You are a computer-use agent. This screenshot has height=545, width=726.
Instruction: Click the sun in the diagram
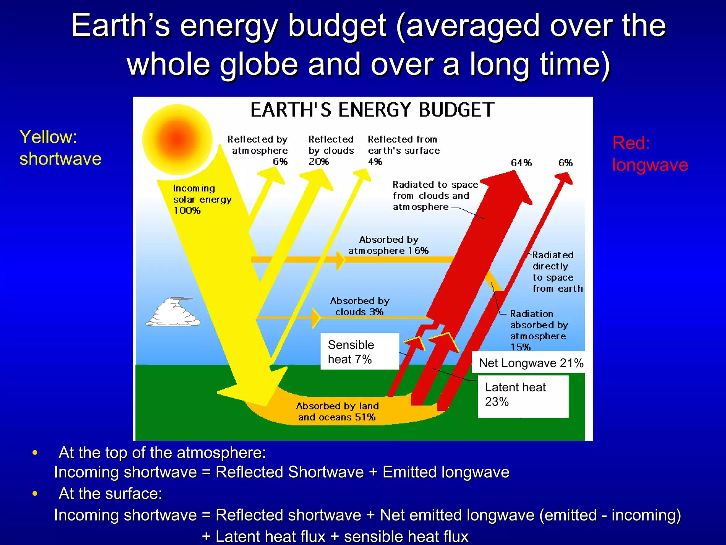click(x=177, y=139)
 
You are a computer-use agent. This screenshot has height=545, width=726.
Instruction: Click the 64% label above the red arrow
click(x=521, y=163)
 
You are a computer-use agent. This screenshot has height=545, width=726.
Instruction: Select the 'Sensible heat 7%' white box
click(x=359, y=352)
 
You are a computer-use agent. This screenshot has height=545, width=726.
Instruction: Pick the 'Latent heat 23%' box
click(x=523, y=396)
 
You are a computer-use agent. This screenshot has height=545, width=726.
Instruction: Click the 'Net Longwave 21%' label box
click(x=531, y=363)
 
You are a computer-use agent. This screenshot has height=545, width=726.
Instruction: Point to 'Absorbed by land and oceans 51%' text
click(x=337, y=412)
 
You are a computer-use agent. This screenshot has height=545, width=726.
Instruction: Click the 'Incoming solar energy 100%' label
click(x=202, y=199)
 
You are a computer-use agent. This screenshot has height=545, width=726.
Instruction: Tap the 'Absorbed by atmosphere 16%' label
click(x=389, y=245)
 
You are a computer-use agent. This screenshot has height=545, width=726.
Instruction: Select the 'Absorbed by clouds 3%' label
click(x=359, y=307)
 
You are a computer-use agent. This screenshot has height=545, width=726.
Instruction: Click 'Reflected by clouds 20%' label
click(x=331, y=150)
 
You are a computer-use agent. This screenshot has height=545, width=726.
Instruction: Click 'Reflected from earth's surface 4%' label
click(x=403, y=150)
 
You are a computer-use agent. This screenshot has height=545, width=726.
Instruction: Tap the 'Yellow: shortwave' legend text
click(x=60, y=148)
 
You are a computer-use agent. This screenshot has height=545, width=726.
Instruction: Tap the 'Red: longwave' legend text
click(x=650, y=154)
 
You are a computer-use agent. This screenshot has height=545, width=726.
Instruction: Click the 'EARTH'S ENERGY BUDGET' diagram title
click(x=372, y=110)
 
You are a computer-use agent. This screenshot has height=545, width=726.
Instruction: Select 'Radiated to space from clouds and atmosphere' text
click(x=435, y=196)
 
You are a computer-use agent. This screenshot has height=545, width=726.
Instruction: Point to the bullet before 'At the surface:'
click(x=35, y=494)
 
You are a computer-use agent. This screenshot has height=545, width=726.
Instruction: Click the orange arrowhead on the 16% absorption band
click(x=340, y=260)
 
